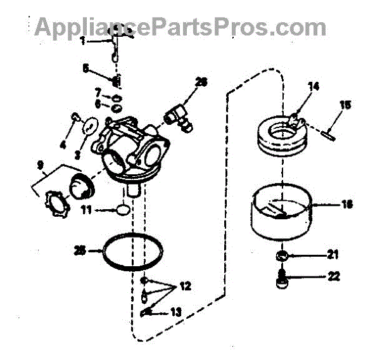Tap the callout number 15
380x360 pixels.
[x=344, y=106]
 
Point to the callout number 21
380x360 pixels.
[x=332, y=255]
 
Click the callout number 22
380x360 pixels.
[x=332, y=277]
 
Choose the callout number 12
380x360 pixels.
[x=184, y=286]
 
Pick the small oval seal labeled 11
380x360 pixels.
[x=123, y=209]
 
